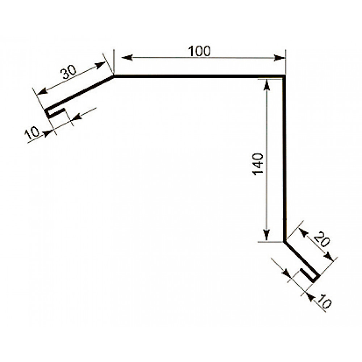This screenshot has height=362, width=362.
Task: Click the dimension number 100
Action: pyautogui.click(x=199, y=51)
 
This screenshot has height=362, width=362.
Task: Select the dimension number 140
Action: pyautogui.click(x=258, y=164)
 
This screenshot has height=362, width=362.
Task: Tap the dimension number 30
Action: pyautogui.click(x=68, y=72)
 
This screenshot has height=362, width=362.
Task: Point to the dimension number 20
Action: pyautogui.click(x=321, y=240)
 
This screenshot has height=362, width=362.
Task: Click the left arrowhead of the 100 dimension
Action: pyautogui.click(x=127, y=58)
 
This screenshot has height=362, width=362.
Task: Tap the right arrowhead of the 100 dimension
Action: pyautogui.click(x=279, y=58)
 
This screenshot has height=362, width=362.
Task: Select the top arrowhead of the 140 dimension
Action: pyautogui.click(x=267, y=85)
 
